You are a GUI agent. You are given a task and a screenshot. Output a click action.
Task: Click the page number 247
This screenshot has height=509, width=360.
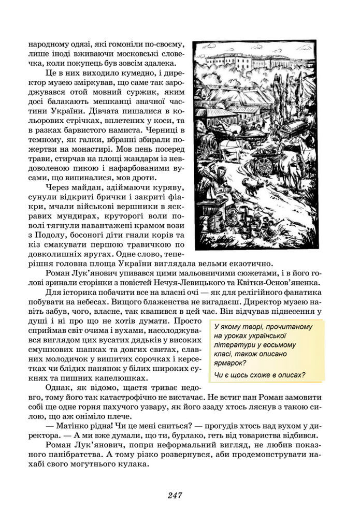click(175, 495)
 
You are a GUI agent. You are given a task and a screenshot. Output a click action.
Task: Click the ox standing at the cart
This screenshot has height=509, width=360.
click(292, 165)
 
